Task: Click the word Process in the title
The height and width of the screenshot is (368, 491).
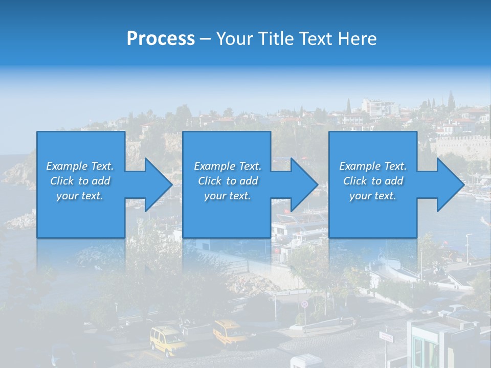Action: [161, 38]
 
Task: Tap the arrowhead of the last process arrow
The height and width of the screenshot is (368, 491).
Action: [450, 185]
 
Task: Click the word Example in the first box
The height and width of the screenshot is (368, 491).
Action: [66, 166]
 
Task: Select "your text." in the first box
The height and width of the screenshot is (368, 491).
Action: [80, 196]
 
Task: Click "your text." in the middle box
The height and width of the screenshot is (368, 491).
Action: [227, 196]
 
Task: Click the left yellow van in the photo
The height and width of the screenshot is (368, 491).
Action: [167, 339]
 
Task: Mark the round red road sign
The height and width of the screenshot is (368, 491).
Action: [305, 304]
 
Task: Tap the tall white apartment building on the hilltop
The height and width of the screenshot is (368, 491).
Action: [378, 107]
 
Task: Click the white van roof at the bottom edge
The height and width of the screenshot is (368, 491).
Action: [306, 360]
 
